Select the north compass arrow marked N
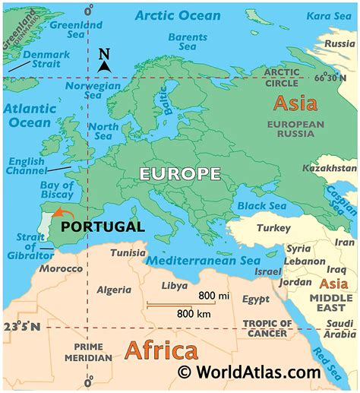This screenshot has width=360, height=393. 105,59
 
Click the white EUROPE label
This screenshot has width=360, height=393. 179,174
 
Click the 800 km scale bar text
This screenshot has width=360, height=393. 194,312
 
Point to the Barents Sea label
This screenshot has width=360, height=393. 187,41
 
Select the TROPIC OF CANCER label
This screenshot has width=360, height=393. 265,328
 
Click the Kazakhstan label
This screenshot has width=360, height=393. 328,167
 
